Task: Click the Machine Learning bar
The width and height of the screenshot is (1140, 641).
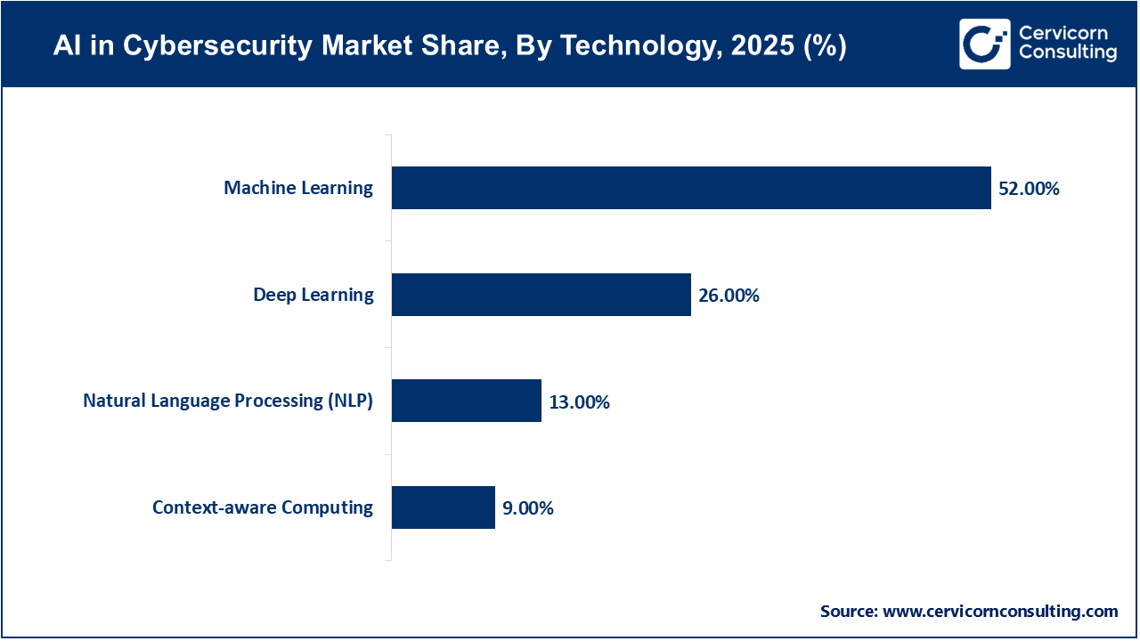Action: click(691, 188)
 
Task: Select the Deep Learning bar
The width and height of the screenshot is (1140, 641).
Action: click(541, 295)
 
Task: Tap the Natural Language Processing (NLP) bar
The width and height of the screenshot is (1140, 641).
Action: click(467, 401)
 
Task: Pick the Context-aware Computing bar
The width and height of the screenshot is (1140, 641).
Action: click(444, 507)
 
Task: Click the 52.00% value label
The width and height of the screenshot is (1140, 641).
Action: click(1029, 189)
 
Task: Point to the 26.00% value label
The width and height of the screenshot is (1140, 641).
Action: click(729, 296)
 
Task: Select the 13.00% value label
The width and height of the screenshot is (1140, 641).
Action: click(579, 402)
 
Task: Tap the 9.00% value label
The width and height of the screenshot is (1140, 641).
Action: click(527, 508)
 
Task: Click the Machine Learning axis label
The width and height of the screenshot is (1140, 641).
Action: click(298, 188)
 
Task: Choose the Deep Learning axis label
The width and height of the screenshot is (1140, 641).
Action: click(313, 295)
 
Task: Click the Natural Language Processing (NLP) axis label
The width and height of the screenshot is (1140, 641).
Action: click(228, 401)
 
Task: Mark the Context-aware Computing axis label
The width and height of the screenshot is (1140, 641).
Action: click(263, 507)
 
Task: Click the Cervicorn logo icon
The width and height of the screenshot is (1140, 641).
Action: click(984, 44)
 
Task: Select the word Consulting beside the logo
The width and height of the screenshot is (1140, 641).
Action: click(1067, 53)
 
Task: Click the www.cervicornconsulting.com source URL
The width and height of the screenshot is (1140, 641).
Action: click(1000, 612)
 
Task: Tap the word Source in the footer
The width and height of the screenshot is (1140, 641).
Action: click(848, 612)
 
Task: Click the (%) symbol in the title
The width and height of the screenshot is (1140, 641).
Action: click(824, 46)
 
